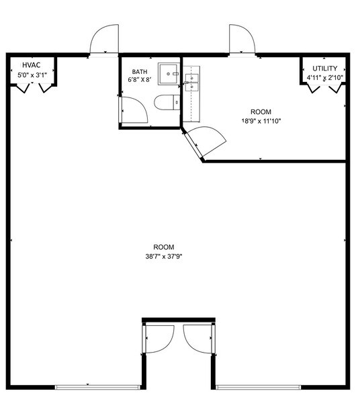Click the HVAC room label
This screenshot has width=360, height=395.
(31, 64)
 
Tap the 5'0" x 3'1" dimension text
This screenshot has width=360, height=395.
(31, 75)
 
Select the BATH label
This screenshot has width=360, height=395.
(139, 71)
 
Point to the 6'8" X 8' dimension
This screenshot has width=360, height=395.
(139, 80)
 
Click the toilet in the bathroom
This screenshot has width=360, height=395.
(166, 103)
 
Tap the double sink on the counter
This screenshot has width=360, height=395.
(192, 79)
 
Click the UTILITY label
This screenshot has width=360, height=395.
(324, 69)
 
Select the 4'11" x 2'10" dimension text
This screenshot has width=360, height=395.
(324, 78)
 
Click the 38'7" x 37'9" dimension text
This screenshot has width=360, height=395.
(164, 256)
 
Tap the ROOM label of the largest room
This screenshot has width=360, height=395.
(164, 246)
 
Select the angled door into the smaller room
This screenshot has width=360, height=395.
(205, 141)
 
